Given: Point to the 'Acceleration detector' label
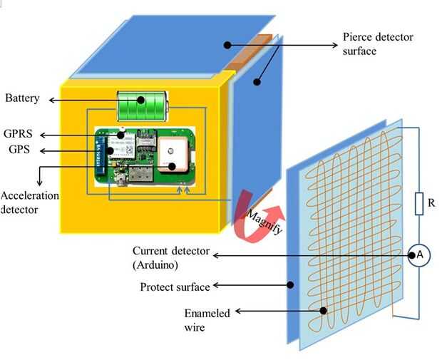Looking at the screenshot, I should [x=30, y=202].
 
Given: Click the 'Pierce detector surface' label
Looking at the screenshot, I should [x=378, y=44].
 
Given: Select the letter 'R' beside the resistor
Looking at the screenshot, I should [x=432, y=203].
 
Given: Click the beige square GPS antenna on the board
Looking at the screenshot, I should [x=172, y=154].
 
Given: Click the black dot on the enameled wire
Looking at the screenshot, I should [x=324, y=311].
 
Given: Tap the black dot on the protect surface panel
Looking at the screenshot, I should [x=290, y=286].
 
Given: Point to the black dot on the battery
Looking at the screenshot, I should [x=140, y=99].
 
